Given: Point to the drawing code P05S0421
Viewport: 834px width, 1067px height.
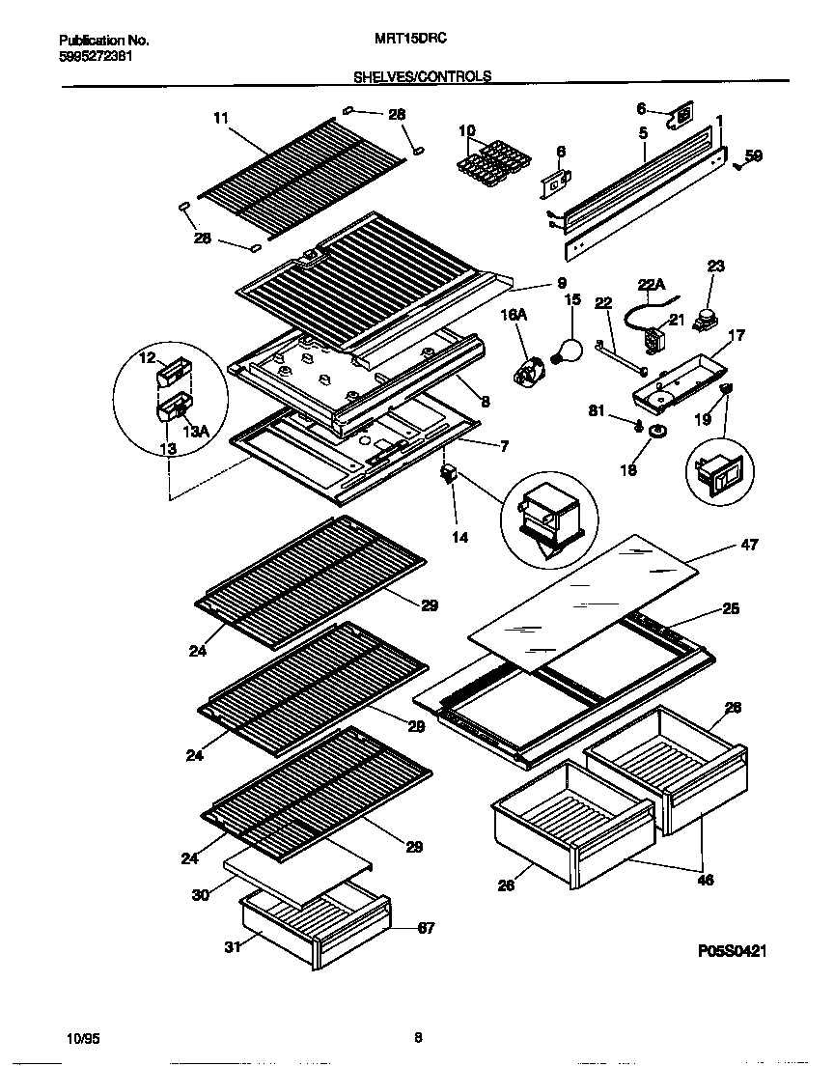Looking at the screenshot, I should click(731, 951).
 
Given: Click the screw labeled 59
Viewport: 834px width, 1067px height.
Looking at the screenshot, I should click(738, 165).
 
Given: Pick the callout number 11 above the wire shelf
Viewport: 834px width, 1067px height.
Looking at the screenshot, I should click(220, 118).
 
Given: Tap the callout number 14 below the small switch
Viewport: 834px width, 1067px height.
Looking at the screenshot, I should click(460, 537).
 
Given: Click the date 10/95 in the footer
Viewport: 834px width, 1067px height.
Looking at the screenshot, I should click(85, 1039).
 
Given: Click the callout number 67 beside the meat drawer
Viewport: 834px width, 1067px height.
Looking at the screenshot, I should click(426, 929).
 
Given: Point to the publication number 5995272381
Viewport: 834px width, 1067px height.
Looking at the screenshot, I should click(97, 56).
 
